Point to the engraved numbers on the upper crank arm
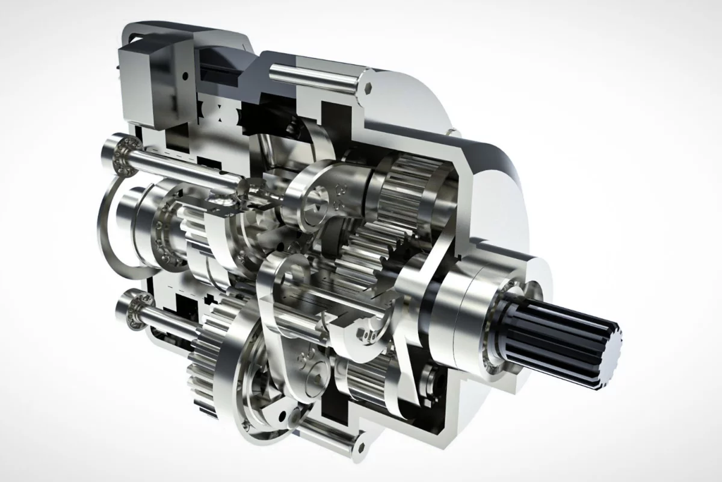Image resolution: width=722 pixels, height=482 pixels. tap(336, 199)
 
